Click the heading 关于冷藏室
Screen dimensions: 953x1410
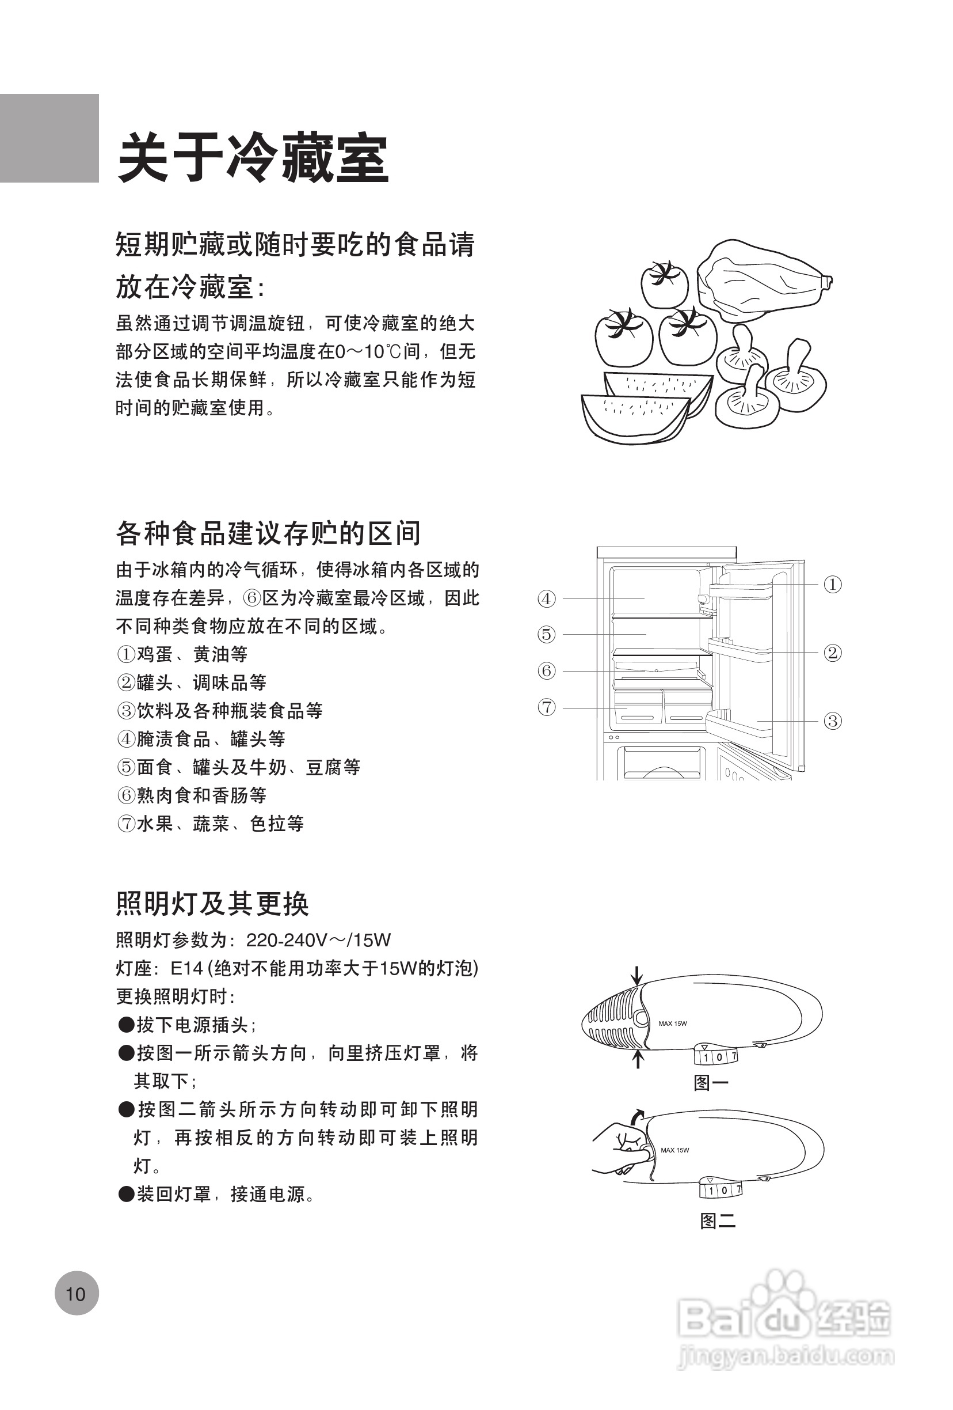tap(253, 159)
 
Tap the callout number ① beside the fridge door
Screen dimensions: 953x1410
tap(832, 584)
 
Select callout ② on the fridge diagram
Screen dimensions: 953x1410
tap(832, 653)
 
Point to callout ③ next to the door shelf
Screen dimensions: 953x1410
tap(832, 721)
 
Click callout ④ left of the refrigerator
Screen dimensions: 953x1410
tap(546, 599)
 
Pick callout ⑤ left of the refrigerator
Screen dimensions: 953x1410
tap(546, 635)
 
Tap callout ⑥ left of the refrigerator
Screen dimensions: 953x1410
tap(546, 671)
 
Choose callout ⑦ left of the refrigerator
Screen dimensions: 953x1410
tap(546, 707)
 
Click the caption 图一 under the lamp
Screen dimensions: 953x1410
tap(711, 1083)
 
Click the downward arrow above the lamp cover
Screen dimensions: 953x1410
tap(636, 975)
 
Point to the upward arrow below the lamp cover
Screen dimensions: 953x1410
tap(637, 1059)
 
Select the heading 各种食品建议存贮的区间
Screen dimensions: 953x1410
tap(268, 533)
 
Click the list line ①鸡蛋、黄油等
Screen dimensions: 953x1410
tap(182, 654)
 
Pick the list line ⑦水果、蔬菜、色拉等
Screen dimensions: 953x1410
tap(209, 823)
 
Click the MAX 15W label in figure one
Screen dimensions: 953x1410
tap(672, 1024)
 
